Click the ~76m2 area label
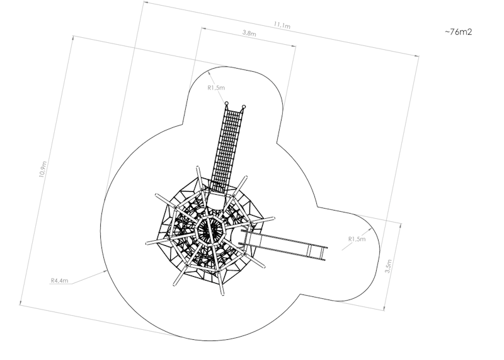459,32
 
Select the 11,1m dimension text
282,25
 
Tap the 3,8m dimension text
249,33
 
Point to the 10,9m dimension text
43,169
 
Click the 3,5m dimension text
388,266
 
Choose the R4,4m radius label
59,281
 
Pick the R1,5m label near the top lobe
216,88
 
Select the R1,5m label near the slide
357,239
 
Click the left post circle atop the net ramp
226,103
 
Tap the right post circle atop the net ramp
244,107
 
